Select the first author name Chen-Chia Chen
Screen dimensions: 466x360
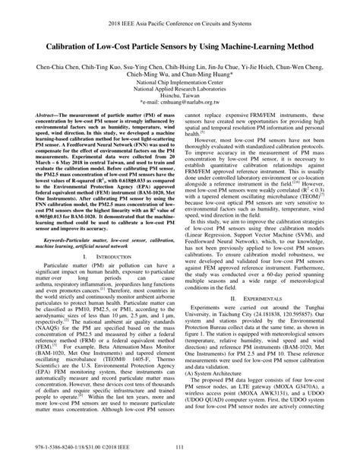point(57,67)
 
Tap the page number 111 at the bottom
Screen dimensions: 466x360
point(181,458)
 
